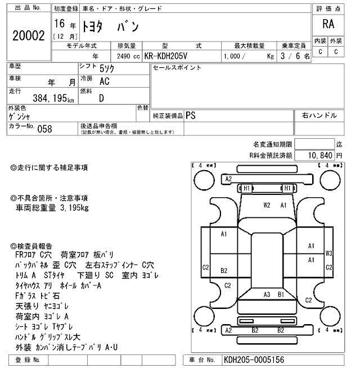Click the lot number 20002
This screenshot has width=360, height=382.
(28, 35)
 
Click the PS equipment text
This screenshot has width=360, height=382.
(191, 115)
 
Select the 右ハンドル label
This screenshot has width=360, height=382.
(319, 115)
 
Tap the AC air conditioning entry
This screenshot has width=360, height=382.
(104, 81)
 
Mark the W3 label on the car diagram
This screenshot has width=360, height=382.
(329, 253)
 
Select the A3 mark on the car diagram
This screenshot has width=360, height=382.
(267, 294)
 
